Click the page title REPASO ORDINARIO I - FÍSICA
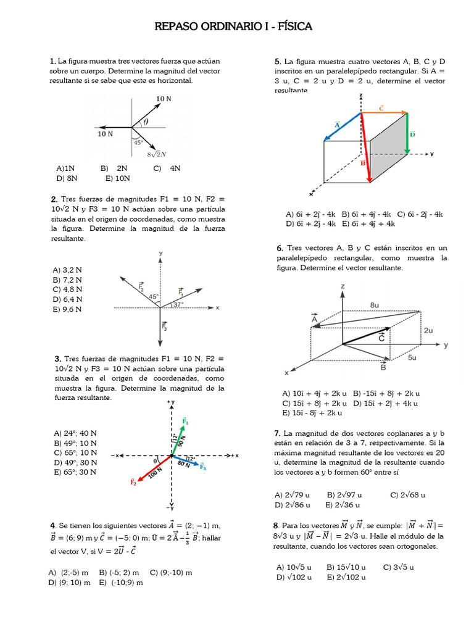pyautogui.click(x=233, y=27)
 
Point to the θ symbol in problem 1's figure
pyautogui.click(x=146, y=122)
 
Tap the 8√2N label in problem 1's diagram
pyautogui.click(x=157, y=154)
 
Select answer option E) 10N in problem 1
pyautogui.click(x=117, y=178)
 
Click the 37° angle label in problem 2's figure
pyautogui.click(x=178, y=304)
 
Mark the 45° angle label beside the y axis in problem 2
pyautogui.click(x=153, y=296)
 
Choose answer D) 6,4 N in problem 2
pyautogui.click(x=67, y=299)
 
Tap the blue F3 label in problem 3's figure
pyautogui.click(x=202, y=468)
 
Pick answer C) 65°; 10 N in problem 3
pyautogui.click(x=75, y=452)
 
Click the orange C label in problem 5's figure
pyautogui.click(x=381, y=107)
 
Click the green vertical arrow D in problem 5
pyautogui.click(x=407, y=133)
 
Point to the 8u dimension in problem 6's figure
pyautogui.click(x=375, y=305)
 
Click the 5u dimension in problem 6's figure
pyautogui.click(x=412, y=357)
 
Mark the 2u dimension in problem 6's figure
pyautogui.click(x=428, y=330)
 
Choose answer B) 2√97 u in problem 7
pyautogui.click(x=344, y=494)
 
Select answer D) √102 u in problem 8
pyautogui.click(x=294, y=576)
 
